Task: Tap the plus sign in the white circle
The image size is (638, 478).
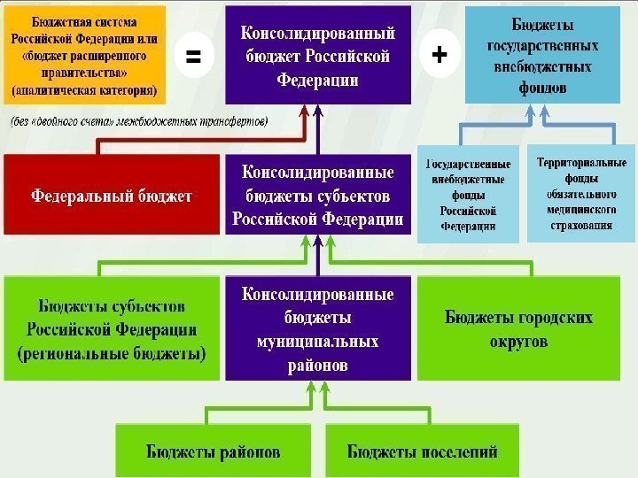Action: tap(438, 56)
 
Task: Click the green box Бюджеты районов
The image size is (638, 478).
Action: tap(214, 451)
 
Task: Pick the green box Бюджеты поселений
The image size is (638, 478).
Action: tap(422, 451)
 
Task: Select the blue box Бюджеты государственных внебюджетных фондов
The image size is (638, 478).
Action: tap(541, 53)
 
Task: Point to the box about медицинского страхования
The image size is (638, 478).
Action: tap(580, 193)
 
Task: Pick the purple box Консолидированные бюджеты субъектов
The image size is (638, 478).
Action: tap(318, 195)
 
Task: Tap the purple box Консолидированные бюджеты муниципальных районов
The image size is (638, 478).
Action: tap(318, 328)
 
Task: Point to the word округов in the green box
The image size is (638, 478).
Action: tap(518, 341)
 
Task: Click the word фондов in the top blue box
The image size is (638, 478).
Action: tap(540, 88)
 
